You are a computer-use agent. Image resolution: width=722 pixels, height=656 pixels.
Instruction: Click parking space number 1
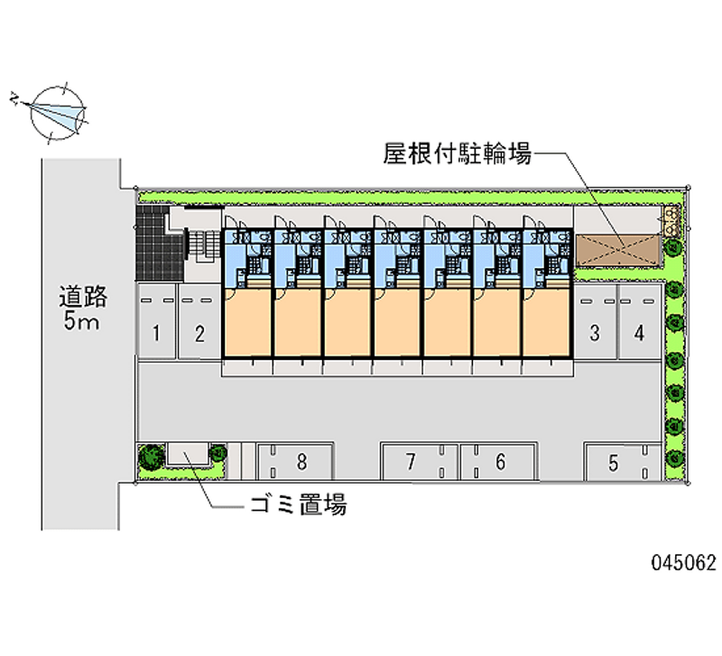pyautogui.click(x=156, y=321)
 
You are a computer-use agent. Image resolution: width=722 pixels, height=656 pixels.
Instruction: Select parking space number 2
pyautogui.click(x=199, y=321)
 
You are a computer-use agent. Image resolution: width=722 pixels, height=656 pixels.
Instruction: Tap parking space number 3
pyautogui.click(x=595, y=321)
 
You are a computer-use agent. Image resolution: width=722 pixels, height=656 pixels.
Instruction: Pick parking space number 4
pyautogui.click(x=639, y=321)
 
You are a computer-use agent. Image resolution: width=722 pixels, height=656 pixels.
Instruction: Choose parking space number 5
pyautogui.click(x=623, y=462)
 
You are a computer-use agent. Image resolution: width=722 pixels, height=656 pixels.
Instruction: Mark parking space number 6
pyautogui.click(x=499, y=462)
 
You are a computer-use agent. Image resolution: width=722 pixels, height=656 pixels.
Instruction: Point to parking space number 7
pyautogui.click(x=420, y=462)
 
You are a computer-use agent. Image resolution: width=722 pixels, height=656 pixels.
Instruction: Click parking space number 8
pyautogui.click(x=295, y=462)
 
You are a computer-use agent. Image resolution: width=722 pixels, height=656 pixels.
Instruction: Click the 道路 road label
pyautogui.click(x=83, y=297)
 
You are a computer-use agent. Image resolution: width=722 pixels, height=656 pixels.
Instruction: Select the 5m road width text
pyautogui.click(x=81, y=321)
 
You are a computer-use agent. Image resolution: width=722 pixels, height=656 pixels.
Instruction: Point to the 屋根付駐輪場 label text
pyautogui.click(x=458, y=153)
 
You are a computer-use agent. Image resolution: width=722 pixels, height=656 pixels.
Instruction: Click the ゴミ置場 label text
pyautogui.click(x=299, y=505)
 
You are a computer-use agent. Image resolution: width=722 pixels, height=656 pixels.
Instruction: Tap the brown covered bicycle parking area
pyautogui.click(x=617, y=251)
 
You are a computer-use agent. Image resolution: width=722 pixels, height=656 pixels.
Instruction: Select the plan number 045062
pyautogui.click(x=684, y=562)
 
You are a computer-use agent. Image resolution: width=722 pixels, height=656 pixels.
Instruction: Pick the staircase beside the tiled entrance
pyautogui.click(x=202, y=245)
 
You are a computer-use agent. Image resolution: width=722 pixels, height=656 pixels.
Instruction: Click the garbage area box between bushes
pyautogui.click(x=188, y=454)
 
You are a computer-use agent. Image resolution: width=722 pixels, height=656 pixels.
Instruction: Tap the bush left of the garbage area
pyautogui.click(x=152, y=456)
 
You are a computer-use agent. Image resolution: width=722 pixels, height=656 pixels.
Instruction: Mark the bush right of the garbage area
pyautogui.click(x=218, y=453)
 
